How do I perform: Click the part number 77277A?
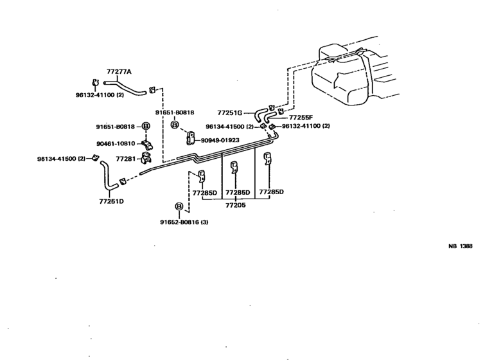coord(119,73)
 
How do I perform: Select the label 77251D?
coord(111,201)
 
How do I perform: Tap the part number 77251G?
coord(229,111)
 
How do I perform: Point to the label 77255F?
coord(301,118)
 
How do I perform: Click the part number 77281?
coord(126,157)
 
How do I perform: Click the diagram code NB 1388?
coord(460,246)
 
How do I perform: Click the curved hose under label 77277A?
coord(125,87)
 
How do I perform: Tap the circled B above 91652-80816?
coord(179,207)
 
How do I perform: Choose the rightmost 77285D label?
coord(271,192)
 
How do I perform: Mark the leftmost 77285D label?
coord(205,192)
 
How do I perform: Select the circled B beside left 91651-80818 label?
coord(146,127)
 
